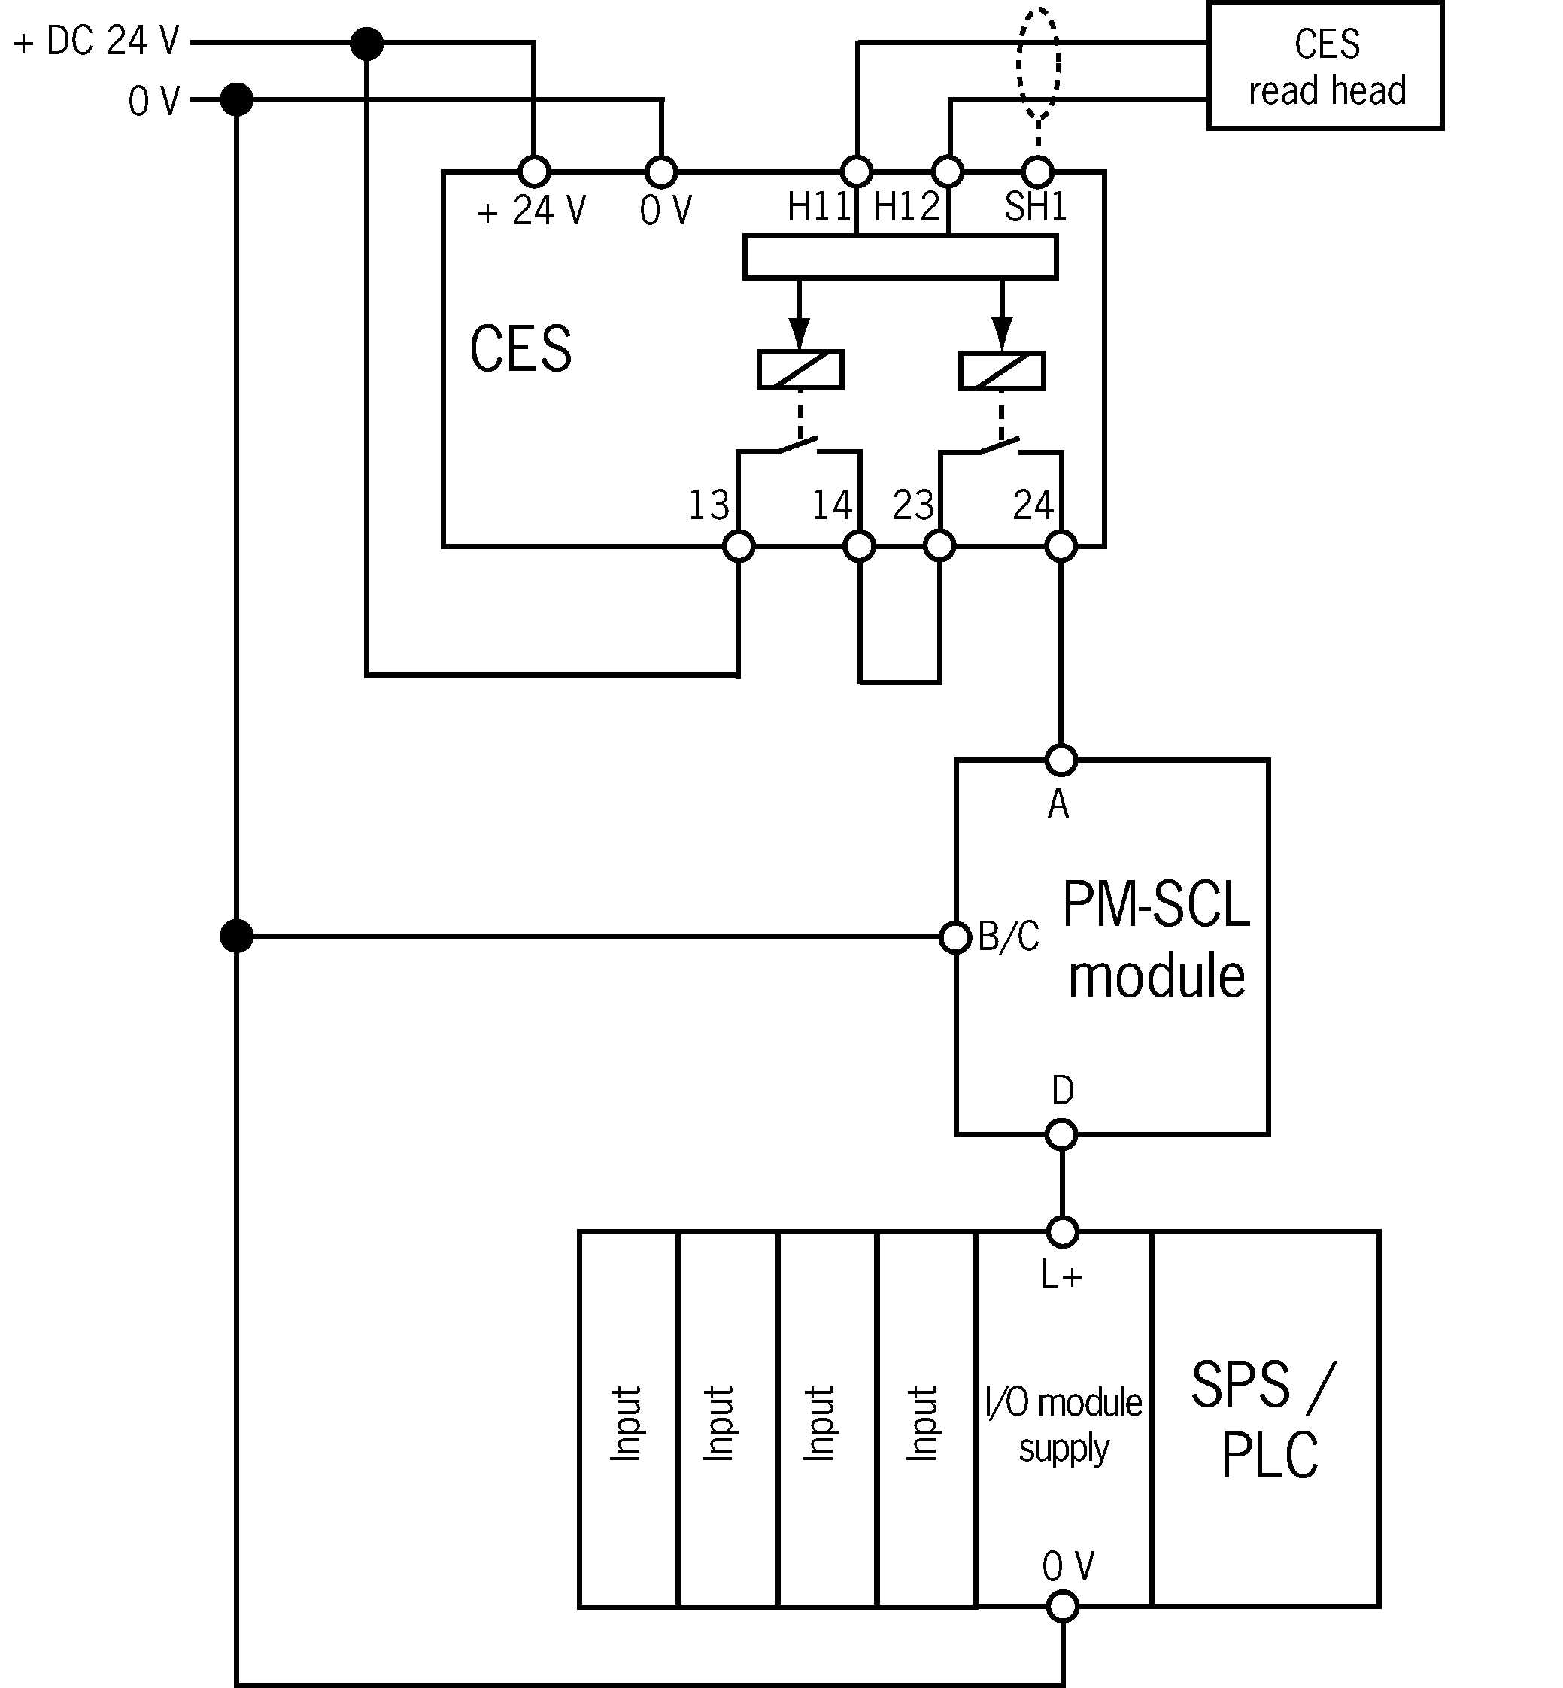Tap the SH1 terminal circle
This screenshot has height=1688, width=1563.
pyautogui.click(x=1038, y=172)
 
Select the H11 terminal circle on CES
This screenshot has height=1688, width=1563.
pyautogui.click(x=857, y=172)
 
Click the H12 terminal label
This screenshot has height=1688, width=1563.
pyautogui.click(x=906, y=207)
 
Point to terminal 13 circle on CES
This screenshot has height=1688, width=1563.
pyautogui.click(x=739, y=546)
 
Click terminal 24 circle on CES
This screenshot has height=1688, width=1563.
pyautogui.click(x=1061, y=546)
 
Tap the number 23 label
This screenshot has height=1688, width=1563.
pyautogui.click(x=912, y=505)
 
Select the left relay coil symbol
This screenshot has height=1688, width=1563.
pyautogui.click(x=800, y=370)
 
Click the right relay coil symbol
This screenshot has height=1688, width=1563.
pyautogui.click(x=1001, y=370)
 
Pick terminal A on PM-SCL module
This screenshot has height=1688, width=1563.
pyautogui.click(x=1061, y=761)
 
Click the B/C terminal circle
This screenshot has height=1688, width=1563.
pyautogui.click(x=956, y=937)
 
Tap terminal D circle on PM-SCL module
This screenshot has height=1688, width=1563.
pyautogui.click(x=1061, y=1134)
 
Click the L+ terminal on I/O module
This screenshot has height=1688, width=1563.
pyautogui.click(x=1062, y=1232)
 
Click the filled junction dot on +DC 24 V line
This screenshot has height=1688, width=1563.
pyautogui.click(x=366, y=43)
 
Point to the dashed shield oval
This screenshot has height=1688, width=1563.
pyautogui.click(x=1038, y=64)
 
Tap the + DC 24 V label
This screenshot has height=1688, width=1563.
pyautogui.click(x=97, y=41)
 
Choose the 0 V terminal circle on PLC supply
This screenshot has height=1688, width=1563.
pyautogui.click(x=1062, y=1605)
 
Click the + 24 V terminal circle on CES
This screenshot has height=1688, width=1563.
pyautogui.click(x=534, y=172)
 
